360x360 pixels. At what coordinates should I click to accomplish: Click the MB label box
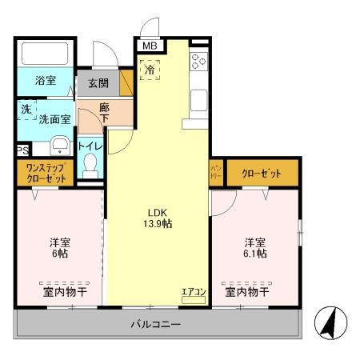click(150, 46)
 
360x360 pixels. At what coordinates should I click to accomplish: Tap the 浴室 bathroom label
click(46, 81)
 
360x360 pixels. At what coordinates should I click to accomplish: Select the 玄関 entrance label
click(98, 84)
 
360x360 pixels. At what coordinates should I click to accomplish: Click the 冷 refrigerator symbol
click(150, 70)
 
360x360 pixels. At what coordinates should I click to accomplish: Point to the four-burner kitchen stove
click(199, 62)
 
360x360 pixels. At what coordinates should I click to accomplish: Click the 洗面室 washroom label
click(54, 118)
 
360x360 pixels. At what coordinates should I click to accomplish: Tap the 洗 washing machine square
click(26, 109)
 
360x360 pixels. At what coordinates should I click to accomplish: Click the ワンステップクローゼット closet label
click(46, 174)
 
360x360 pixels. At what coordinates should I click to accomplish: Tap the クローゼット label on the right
click(262, 171)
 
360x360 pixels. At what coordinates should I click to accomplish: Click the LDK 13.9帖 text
click(157, 217)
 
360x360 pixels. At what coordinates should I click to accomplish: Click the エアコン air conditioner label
click(193, 291)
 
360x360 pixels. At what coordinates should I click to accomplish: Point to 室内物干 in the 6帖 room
click(64, 292)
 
